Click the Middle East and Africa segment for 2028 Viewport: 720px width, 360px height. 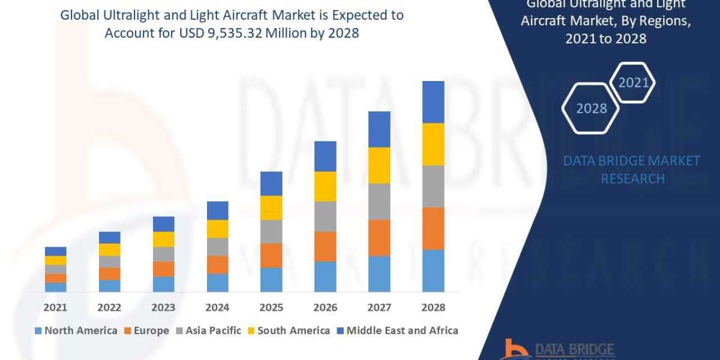click(x=433, y=102)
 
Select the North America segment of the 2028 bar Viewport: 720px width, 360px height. click(x=433, y=271)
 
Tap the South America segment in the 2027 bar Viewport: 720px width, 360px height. click(x=379, y=165)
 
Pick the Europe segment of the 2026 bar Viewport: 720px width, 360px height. click(x=325, y=246)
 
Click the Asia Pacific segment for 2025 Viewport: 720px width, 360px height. click(x=271, y=231)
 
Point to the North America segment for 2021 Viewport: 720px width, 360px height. click(x=56, y=287)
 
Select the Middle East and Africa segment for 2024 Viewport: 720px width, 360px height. click(x=218, y=211)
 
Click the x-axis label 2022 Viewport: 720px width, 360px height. click(x=110, y=307)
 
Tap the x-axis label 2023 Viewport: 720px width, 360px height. click(x=164, y=307)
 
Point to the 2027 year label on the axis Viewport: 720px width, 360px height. click(x=379, y=307)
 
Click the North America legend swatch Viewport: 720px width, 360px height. click(x=39, y=331)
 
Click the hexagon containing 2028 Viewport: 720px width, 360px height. click(x=591, y=109)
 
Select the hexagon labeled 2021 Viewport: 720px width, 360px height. click(x=633, y=82)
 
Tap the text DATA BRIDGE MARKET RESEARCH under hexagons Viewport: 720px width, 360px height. click(x=632, y=170)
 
